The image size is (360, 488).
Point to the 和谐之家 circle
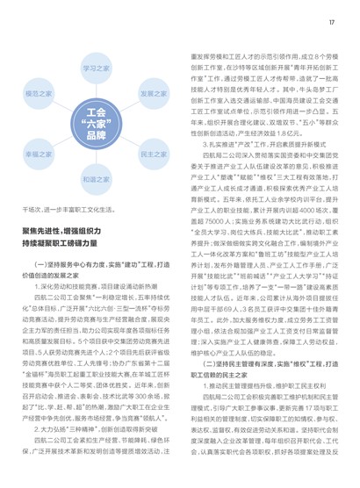[96, 177]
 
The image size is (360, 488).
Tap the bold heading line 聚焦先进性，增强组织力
[68, 226]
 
